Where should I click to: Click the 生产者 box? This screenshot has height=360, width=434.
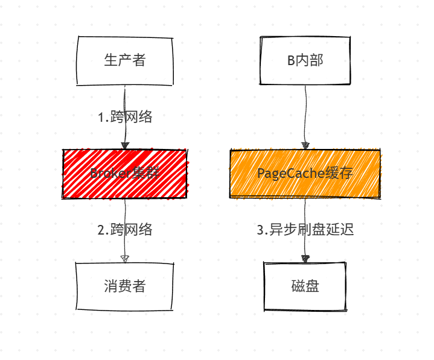125,60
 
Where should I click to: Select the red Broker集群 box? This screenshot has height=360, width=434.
125,174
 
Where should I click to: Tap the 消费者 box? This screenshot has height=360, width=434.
125,286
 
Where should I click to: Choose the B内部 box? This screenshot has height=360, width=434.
305,60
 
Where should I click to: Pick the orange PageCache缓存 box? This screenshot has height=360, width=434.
305,174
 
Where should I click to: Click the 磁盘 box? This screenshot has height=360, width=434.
305,286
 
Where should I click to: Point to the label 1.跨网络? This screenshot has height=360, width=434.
125,117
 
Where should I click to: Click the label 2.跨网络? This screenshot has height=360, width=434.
125,230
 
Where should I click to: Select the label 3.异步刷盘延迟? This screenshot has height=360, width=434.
305,230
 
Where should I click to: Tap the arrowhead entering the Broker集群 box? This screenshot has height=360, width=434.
125,145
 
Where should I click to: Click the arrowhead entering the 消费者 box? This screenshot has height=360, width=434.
125,258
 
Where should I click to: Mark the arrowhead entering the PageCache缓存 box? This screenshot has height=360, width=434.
305,145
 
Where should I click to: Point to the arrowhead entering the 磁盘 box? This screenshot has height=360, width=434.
305,259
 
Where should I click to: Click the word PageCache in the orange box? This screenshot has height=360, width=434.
282,174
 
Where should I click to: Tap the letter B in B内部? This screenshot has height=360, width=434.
291,60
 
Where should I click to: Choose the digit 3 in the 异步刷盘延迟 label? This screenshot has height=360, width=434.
260,230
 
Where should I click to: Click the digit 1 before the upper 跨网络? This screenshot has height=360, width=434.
101,118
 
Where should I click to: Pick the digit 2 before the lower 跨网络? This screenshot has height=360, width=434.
101,230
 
